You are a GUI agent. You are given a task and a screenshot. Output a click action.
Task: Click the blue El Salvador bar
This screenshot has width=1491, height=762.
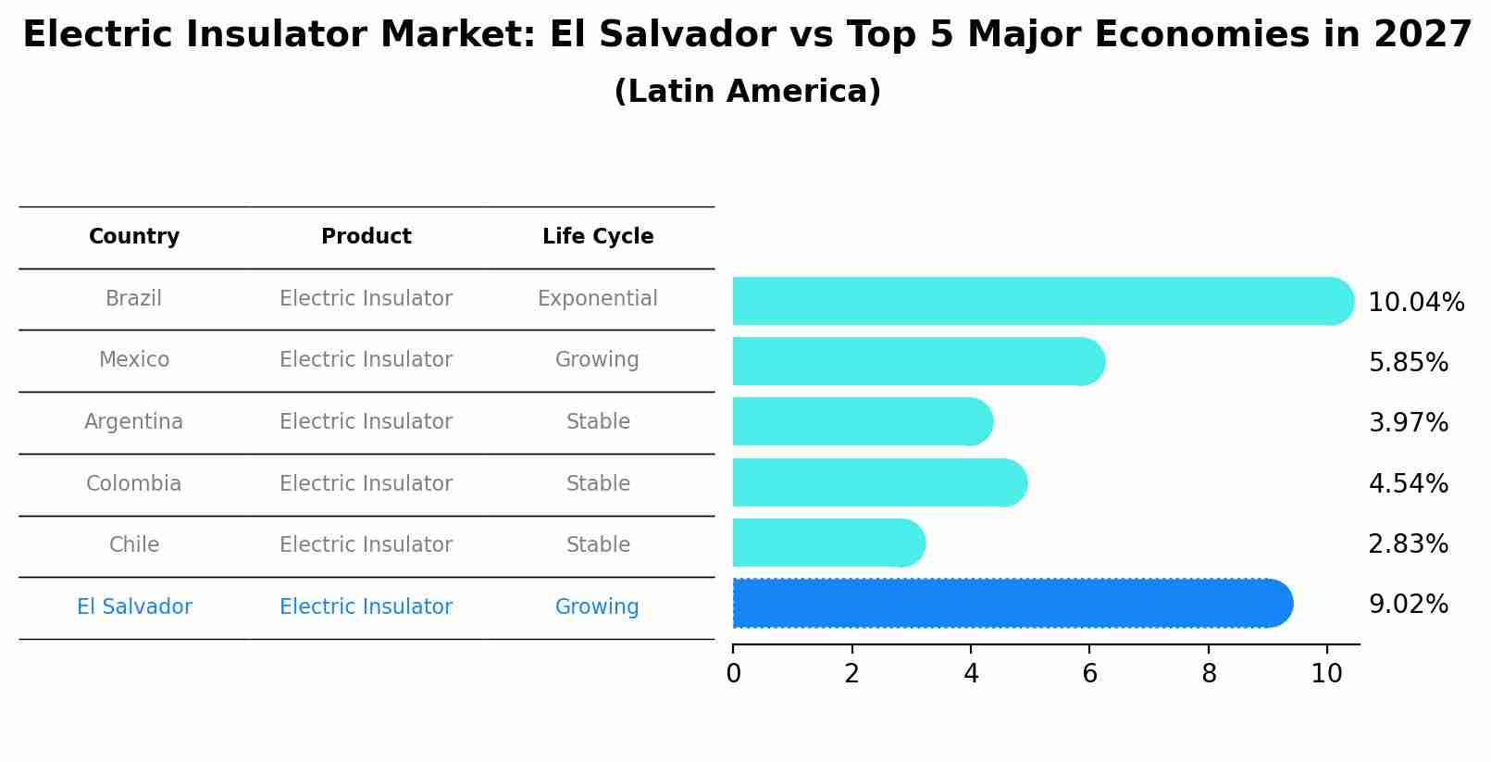[x=1009, y=604]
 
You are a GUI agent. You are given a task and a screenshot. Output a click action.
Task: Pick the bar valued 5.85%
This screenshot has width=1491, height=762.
[x=916, y=361]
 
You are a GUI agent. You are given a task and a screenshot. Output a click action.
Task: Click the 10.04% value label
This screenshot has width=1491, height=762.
[x=1415, y=303]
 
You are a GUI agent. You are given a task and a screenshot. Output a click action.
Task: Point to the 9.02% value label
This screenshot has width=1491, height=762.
[x=1408, y=605]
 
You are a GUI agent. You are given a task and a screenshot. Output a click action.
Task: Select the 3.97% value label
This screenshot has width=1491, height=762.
[x=1408, y=423]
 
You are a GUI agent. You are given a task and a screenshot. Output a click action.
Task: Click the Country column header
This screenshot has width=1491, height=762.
[x=134, y=237]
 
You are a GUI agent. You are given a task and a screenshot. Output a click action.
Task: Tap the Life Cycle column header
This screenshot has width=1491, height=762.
[x=598, y=237]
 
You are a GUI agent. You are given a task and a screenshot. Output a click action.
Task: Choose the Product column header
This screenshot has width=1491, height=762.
[x=367, y=237]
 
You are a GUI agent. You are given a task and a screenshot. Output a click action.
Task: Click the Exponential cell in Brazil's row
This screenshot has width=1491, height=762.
[x=598, y=299]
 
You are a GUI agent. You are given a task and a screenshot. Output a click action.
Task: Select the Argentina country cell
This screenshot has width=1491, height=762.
[x=134, y=422]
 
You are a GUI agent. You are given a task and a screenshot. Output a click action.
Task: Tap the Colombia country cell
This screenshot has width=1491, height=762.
[x=134, y=484]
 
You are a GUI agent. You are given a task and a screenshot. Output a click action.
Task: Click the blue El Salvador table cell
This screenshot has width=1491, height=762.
[x=135, y=607]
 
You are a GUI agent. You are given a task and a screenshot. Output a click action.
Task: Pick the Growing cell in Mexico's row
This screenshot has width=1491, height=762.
[x=597, y=360]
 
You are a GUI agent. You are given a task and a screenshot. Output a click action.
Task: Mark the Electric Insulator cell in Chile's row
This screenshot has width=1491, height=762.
[x=367, y=545]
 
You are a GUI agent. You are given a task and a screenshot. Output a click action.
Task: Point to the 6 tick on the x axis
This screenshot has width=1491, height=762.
[x=1089, y=674]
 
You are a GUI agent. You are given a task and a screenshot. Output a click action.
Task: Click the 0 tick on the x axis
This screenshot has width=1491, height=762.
[x=733, y=674]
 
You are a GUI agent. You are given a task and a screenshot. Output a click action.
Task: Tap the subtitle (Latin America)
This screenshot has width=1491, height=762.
[x=747, y=92]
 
